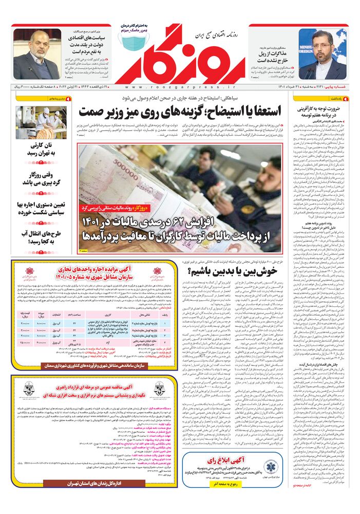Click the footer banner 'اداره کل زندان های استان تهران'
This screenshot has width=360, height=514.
click(95, 483)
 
